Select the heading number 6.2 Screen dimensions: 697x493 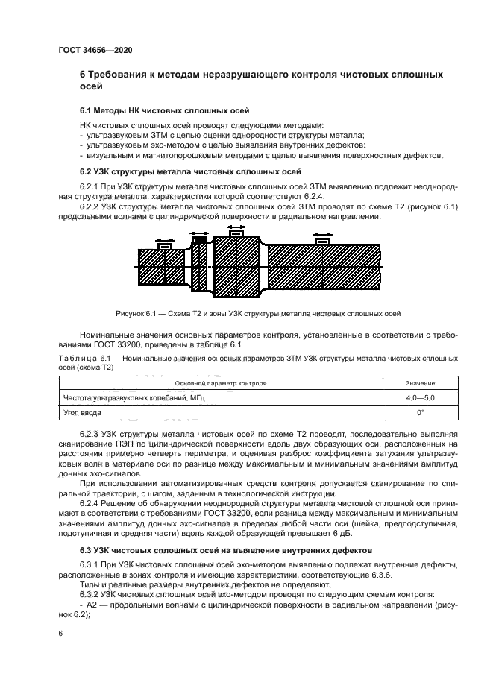(x=87, y=171)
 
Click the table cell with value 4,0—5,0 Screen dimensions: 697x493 (x=420, y=398)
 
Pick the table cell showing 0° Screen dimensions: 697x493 (x=420, y=411)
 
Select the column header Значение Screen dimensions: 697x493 (x=420, y=383)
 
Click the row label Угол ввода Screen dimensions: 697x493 (x=82, y=411)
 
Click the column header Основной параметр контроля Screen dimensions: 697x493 (x=220, y=383)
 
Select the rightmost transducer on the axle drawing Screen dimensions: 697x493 (x=322, y=241)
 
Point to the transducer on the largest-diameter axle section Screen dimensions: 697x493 (x=236, y=233)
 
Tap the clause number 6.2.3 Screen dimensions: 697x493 (x=90, y=432)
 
